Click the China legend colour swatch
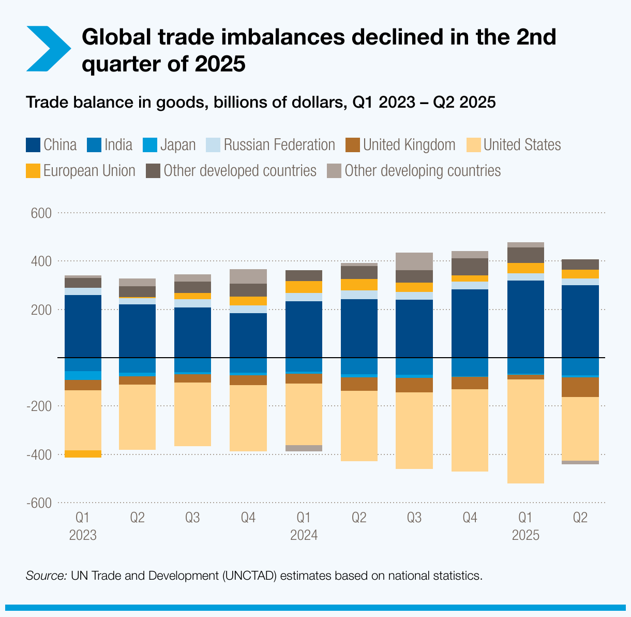pyautogui.click(x=33, y=145)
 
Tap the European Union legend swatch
pyautogui.click(x=33, y=171)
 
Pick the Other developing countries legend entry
pyautogui.click(x=414, y=171)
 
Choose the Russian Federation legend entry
pyautogui.click(x=271, y=145)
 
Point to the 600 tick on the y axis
pyautogui.click(x=41, y=213)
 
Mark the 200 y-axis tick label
pyautogui.click(x=41, y=310)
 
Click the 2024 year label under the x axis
pyautogui.click(x=304, y=535)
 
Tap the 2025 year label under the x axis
pyautogui.click(x=525, y=535)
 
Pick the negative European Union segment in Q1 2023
pyautogui.click(x=83, y=454)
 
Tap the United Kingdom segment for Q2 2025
pyautogui.click(x=580, y=387)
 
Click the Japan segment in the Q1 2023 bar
pyautogui.click(x=83, y=375)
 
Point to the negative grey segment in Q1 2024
pyautogui.click(x=304, y=448)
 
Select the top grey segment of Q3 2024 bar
pyautogui.click(x=414, y=261)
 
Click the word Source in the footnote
pyautogui.click(x=46, y=576)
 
